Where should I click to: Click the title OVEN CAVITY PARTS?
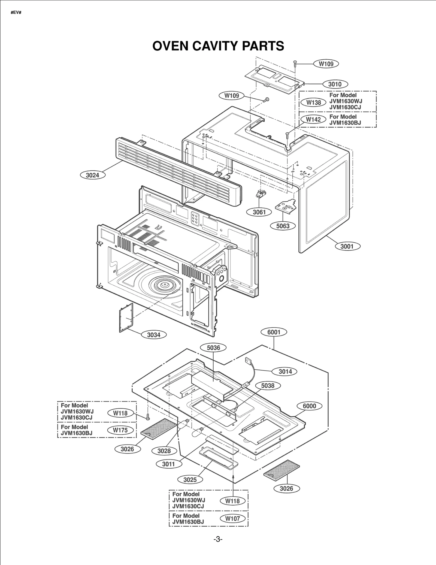point(218,46)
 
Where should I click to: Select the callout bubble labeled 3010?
point(335,84)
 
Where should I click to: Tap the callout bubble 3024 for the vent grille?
point(92,175)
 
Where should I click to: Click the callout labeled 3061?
point(259,212)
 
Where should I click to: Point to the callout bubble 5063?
point(283,226)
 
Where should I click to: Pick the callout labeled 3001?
point(347,246)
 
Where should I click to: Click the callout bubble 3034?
point(154,335)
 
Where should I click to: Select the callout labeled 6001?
point(274,332)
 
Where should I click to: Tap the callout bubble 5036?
point(213,348)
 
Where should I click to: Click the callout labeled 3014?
point(285,371)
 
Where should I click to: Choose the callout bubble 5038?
point(268,386)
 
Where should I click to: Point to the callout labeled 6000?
point(309,406)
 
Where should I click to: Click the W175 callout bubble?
point(120,430)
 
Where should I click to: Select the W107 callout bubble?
point(232,519)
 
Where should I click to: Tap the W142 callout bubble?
point(313,119)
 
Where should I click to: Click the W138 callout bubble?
point(313,103)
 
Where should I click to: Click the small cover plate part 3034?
point(126,318)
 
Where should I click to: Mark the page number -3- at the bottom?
point(218,539)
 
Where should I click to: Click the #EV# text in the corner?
point(16,13)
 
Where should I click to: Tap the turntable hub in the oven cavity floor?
point(165,285)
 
